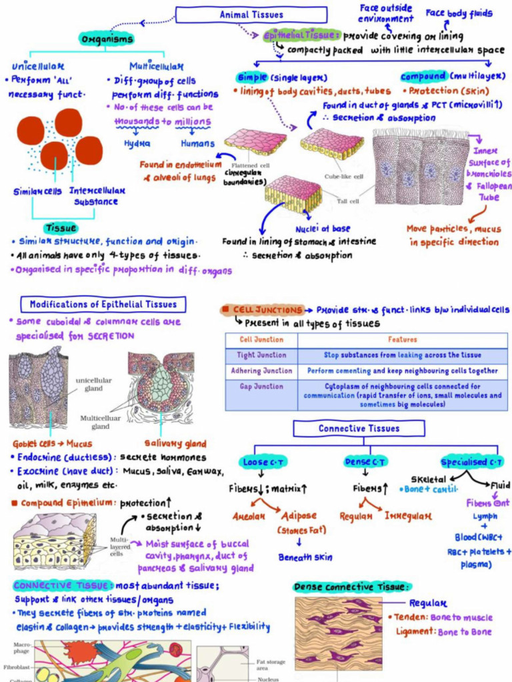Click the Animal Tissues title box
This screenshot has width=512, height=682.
(251, 15)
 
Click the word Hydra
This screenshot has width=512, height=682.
(137, 143)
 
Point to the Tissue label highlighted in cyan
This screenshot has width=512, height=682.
(61, 228)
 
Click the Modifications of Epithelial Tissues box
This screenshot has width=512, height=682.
(103, 305)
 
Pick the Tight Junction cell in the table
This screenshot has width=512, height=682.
(261, 355)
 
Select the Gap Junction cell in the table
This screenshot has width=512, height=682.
(261, 386)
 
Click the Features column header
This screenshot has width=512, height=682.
(402, 340)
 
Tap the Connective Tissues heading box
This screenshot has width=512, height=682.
(359, 428)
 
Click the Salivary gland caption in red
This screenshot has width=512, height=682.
(176, 444)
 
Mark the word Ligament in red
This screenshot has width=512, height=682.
(415, 631)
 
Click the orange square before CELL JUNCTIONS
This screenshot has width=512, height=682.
(227, 310)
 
